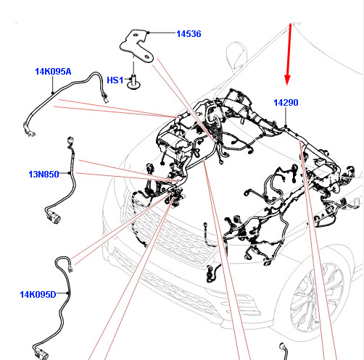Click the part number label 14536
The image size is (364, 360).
pos(189,34)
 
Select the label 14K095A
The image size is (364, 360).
pos(53,72)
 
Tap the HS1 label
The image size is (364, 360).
pos(115,80)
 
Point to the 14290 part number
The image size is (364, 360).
pos(286,103)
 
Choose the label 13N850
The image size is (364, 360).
pos(44,175)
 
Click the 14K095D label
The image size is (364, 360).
pos(38,295)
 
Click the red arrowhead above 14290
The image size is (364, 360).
pos(287,80)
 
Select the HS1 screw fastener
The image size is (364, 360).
pos(133,82)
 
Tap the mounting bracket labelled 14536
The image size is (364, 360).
pos(137,46)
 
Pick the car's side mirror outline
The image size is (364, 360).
pos(237,55)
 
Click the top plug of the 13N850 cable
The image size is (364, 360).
pos(70,141)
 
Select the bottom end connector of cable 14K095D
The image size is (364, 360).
pos(41,353)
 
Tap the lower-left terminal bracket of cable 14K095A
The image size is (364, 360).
pos(29,130)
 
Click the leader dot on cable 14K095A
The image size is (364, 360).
pos(53,93)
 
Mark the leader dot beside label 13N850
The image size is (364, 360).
pos(70,173)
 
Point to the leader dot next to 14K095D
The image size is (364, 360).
pos(68,293)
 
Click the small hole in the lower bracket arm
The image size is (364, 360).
pos(146,56)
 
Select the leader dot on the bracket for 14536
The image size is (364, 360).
pos(148,33)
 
